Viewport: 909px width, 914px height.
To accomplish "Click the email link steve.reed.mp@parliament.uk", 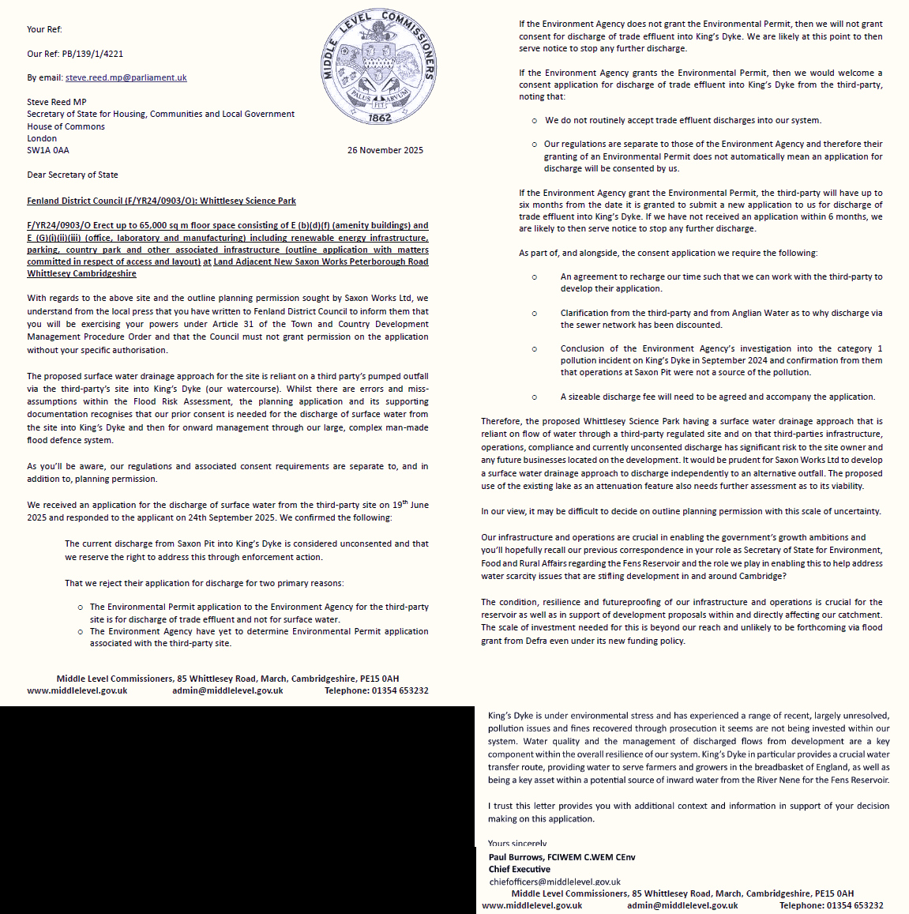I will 126,77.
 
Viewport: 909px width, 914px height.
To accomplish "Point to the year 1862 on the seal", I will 380,118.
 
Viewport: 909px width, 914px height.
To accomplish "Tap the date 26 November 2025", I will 385,150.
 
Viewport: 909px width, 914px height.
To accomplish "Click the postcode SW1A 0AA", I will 48,150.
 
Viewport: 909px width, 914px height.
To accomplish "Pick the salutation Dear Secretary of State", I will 73,175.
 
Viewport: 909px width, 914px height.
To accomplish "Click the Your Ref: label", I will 44,29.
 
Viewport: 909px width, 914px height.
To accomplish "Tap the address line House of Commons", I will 66,126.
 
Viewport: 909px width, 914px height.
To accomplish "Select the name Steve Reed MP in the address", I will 57,102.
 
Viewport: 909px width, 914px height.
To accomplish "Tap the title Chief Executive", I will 519,869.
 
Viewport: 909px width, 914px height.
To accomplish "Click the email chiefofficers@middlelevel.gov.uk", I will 554,882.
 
